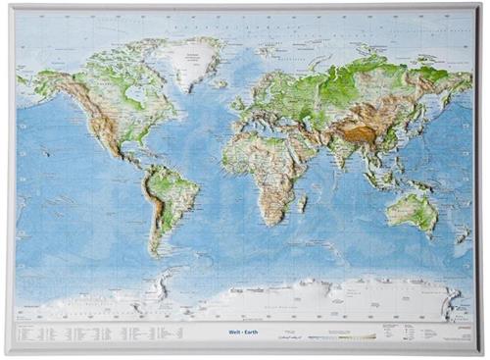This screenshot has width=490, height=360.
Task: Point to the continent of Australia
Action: click(411, 209)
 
